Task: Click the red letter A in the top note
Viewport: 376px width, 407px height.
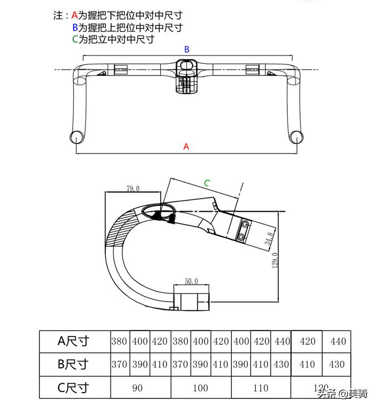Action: click(x=75, y=16)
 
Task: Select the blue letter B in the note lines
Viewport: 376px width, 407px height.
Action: click(x=75, y=28)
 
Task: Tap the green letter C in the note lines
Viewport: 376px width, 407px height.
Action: click(x=75, y=39)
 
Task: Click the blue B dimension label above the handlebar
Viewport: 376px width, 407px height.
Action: click(x=187, y=49)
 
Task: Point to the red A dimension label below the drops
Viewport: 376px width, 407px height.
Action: click(x=186, y=147)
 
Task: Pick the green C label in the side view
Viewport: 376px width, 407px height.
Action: click(x=207, y=183)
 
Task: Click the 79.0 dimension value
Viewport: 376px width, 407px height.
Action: click(x=133, y=189)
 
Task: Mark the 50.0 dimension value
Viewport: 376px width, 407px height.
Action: click(x=191, y=282)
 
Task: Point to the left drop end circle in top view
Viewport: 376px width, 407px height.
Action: click(x=76, y=136)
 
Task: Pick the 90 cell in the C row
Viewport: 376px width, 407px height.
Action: click(x=138, y=388)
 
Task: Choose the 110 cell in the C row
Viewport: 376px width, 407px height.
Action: click(x=260, y=388)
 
